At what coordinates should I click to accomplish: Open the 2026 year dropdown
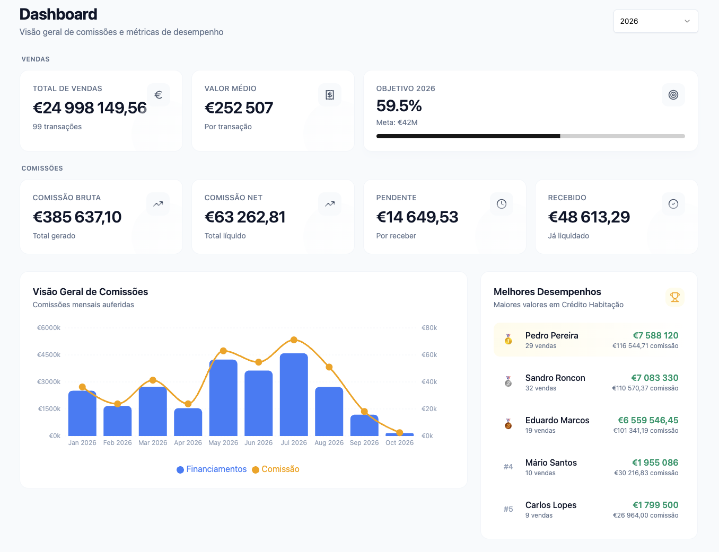(x=655, y=21)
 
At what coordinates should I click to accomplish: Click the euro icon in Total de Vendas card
(x=158, y=95)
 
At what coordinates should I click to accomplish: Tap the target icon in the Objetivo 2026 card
(x=673, y=95)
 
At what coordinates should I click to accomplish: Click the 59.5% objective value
(x=399, y=106)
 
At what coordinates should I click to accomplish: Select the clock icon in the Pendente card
(x=501, y=204)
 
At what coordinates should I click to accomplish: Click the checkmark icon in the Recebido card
(x=673, y=204)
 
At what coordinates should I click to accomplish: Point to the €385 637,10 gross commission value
(x=77, y=217)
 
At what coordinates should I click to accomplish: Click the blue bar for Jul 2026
(x=294, y=394)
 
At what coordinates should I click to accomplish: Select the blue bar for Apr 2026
(x=188, y=422)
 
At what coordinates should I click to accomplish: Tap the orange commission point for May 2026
(x=223, y=351)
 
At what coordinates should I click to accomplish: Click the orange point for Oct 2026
(x=399, y=432)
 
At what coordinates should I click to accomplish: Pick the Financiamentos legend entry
(x=212, y=469)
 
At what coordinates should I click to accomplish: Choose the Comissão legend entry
(x=276, y=469)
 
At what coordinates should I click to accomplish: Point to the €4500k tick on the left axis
(x=49, y=355)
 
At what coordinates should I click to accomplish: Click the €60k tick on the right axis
(x=429, y=355)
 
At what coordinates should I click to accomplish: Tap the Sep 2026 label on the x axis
(x=364, y=442)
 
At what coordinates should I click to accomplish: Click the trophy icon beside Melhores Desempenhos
(x=674, y=297)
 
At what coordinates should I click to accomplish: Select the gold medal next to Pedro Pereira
(x=508, y=339)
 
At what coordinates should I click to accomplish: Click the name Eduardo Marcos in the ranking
(x=557, y=420)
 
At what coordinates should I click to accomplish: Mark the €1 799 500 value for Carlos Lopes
(x=655, y=505)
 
